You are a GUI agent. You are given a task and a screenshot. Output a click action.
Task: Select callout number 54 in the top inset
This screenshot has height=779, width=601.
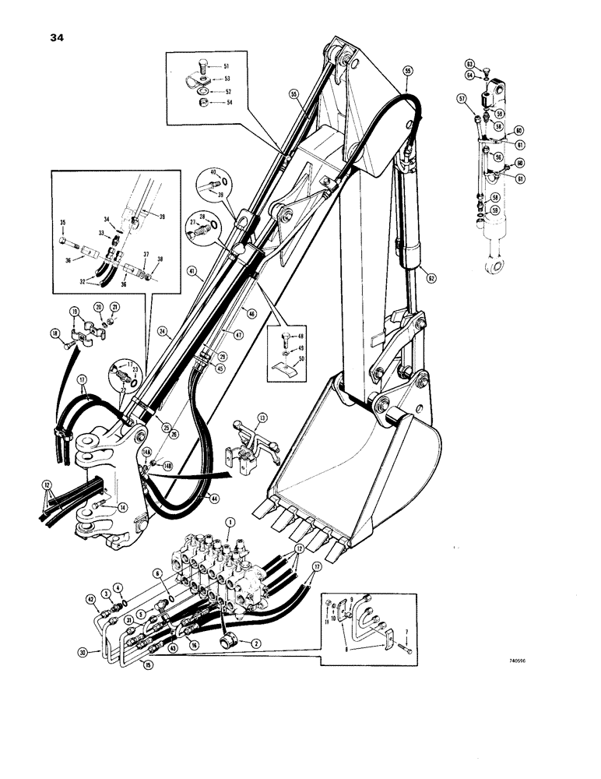pos(227,104)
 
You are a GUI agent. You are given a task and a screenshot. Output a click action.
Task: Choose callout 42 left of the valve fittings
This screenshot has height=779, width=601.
pos(91,598)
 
